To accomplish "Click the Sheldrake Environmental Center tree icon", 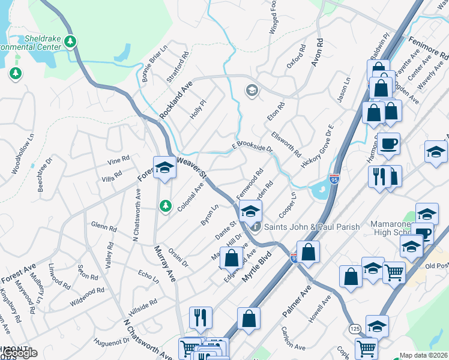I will pos(71,41).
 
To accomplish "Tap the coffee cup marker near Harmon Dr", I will pos(388,145).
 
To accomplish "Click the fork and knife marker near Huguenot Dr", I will pos(200,317).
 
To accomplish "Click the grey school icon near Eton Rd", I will pos(252,91).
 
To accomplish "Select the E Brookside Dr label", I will pos(253,147).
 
